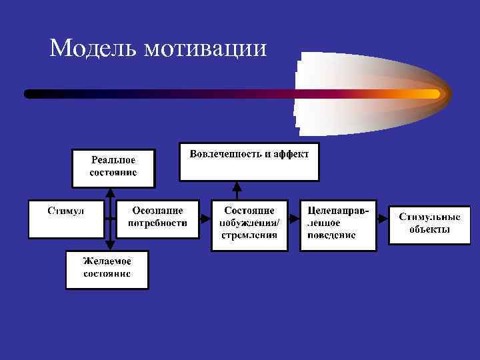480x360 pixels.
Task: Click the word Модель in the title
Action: (91, 48)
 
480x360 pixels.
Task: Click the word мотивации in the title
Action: (203, 49)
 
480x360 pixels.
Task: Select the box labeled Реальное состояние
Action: (113, 167)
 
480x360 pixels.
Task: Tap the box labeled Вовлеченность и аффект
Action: (249, 161)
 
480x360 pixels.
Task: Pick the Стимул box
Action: (66, 218)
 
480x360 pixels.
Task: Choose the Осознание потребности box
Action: (158, 218)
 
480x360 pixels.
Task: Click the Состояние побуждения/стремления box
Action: (249, 224)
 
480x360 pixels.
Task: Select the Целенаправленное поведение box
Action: (337, 224)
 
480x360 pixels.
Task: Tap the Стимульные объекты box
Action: (429, 224)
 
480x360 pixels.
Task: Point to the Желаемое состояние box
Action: (107, 269)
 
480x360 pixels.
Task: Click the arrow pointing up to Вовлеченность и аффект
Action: (237, 191)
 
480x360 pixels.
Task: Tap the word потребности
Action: (158, 223)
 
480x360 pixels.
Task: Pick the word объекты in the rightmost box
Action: (429, 230)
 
